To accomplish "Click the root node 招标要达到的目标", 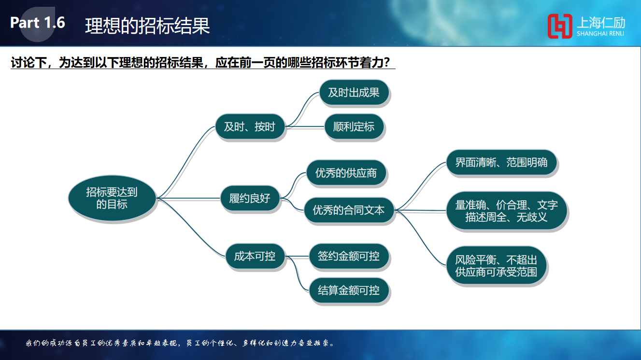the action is (x=112, y=198).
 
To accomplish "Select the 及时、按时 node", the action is (x=250, y=127).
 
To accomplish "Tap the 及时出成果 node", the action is (x=354, y=92).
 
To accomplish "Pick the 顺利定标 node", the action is (x=354, y=127).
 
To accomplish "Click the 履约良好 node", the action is (x=250, y=198).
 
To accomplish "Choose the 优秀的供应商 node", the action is (x=346, y=173).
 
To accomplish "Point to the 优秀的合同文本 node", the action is (x=349, y=210).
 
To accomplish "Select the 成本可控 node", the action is (x=255, y=256).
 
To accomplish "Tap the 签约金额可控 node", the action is (x=349, y=256).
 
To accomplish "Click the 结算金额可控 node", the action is (x=349, y=290).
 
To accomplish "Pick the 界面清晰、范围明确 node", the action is (x=501, y=162).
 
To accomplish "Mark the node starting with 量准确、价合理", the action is (x=507, y=211).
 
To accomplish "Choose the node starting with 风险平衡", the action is (x=496, y=266).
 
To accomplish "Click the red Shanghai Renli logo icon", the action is (x=560, y=26).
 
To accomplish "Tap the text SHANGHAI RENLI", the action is (x=600, y=33).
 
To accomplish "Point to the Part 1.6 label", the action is (x=38, y=23).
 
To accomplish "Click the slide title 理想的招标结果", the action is (x=147, y=26).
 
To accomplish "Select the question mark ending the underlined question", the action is (x=386, y=62).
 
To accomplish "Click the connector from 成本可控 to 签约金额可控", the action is (x=297, y=257).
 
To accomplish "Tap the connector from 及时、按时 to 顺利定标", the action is (x=305, y=127).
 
